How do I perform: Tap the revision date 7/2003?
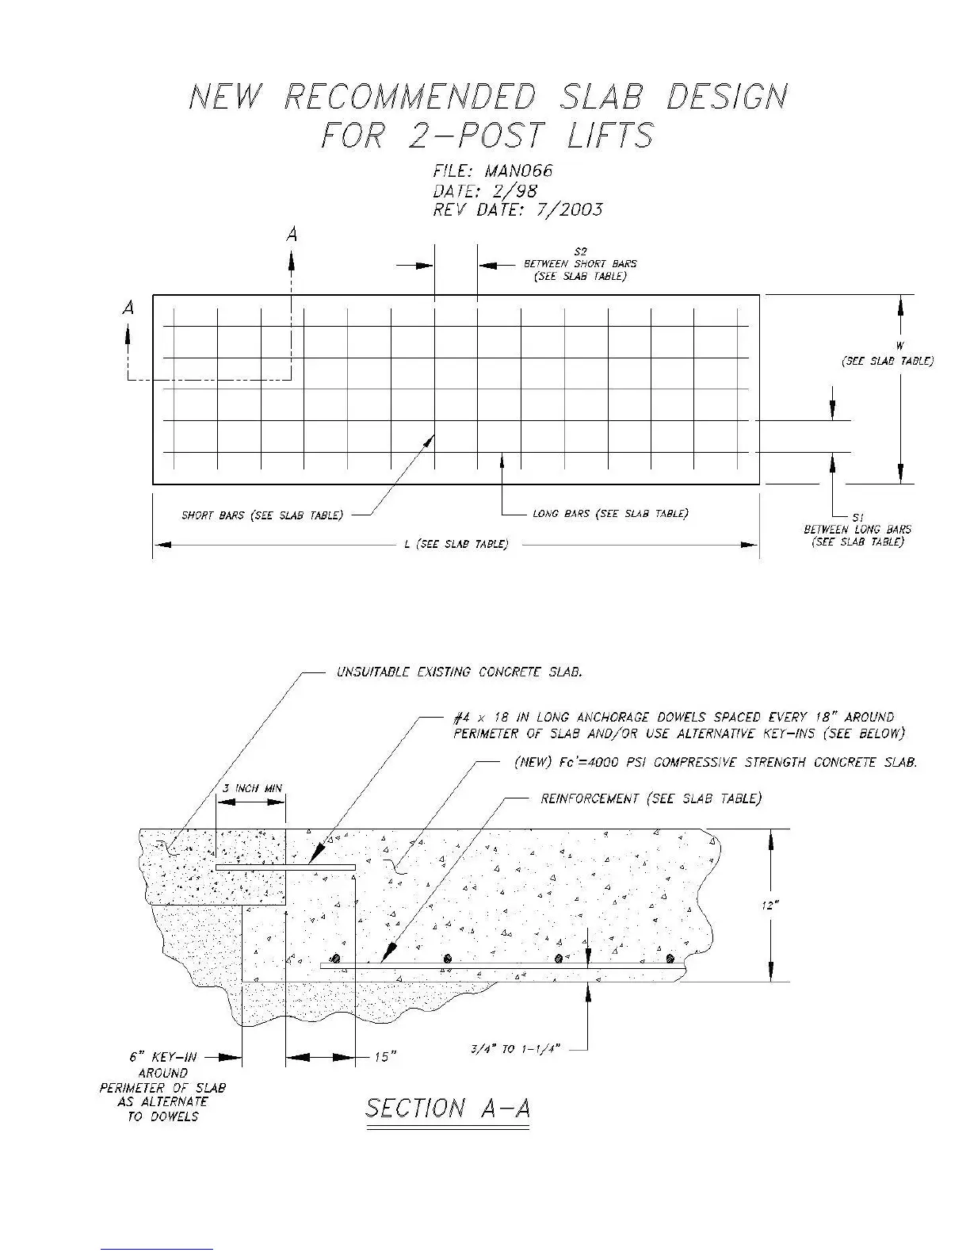pyautogui.click(x=568, y=210)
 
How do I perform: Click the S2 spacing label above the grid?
pyautogui.click(x=580, y=251)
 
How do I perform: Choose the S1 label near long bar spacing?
pyautogui.click(x=857, y=517)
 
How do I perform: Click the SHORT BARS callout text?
pyautogui.click(x=262, y=515)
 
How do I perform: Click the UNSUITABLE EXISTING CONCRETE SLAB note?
pyautogui.click(x=460, y=672)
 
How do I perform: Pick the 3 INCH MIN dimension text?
pyautogui.click(x=251, y=788)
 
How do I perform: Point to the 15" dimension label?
pyautogui.click(x=384, y=1058)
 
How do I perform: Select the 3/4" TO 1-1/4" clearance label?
pyautogui.click(x=516, y=1050)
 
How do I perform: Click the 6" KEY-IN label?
pyautogui.click(x=163, y=1058)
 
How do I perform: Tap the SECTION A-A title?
pyautogui.click(x=447, y=1109)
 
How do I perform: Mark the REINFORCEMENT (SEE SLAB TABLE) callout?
pyautogui.click(x=651, y=798)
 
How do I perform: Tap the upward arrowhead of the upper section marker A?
pyautogui.click(x=292, y=260)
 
